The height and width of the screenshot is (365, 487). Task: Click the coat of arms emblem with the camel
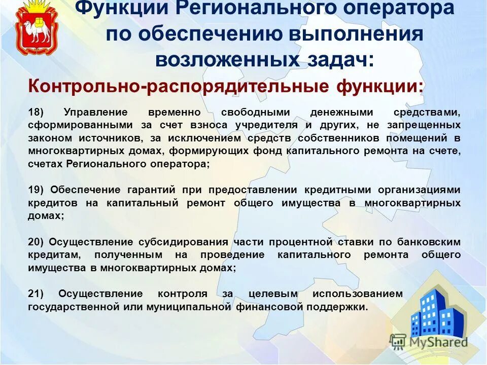(x=33, y=29)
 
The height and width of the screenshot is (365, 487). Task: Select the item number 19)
(x=37, y=190)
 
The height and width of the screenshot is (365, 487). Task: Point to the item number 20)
(x=37, y=242)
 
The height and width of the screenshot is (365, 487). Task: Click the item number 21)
(x=37, y=294)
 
